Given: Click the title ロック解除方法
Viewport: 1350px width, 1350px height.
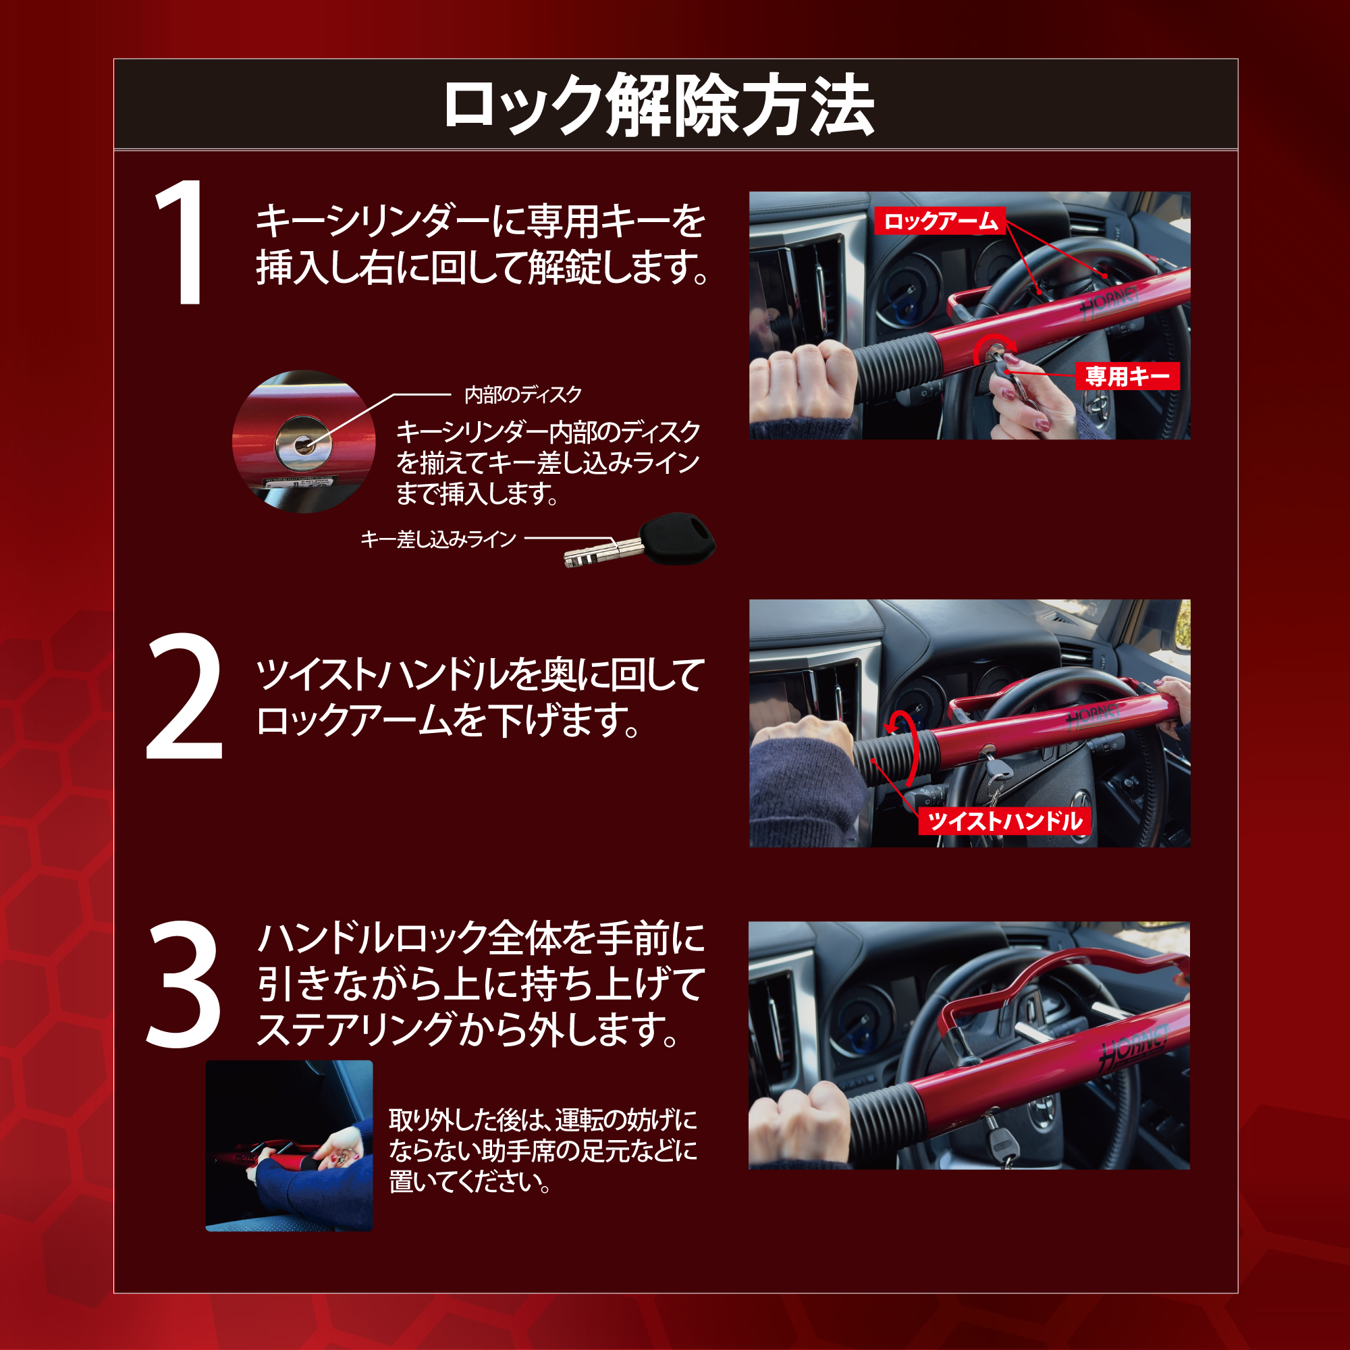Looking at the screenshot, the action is click(x=659, y=106).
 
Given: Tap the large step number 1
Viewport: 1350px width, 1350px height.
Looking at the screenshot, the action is click(x=181, y=242).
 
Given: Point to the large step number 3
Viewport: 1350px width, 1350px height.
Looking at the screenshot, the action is click(x=183, y=984).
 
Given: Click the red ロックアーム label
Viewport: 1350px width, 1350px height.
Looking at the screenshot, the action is click(x=940, y=221).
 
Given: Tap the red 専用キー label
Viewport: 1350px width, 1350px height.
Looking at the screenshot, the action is click(x=1128, y=377).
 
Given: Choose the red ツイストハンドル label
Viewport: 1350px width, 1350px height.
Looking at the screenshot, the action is click(x=1004, y=821).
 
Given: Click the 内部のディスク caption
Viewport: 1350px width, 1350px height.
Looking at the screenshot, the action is click(x=522, y=396).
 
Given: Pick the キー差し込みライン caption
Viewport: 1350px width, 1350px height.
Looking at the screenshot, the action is click(x=438, y=539).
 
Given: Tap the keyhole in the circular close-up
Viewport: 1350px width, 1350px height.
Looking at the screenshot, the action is click(x=302, y=443).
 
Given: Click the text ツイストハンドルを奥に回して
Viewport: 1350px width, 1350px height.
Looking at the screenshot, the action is click(x=481, y=675).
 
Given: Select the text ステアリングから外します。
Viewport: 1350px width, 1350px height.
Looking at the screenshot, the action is click(x=468, y=1029).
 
